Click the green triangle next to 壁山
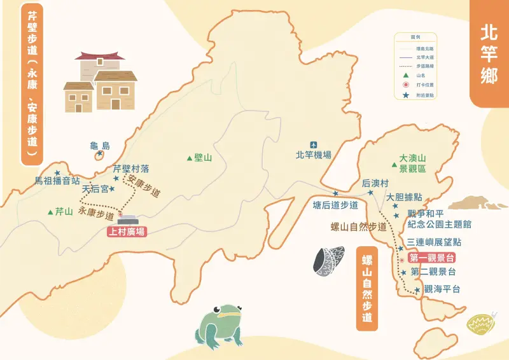tap(190, 157)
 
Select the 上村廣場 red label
tap(127, 232)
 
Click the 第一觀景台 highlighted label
tap(432, 258)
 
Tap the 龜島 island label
tap(101, 146)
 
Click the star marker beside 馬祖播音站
tap(57, 172)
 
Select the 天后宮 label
tap(95, 190)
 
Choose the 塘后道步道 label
tap(335, 205)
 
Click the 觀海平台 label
tap(442, 289)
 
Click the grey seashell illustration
tap(328, 261)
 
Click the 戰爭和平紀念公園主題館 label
tap(439, 219)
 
